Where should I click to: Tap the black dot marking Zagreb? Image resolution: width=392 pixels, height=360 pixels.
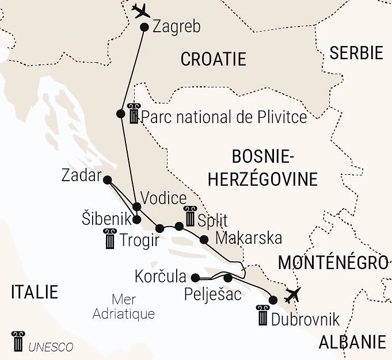coord(144,27)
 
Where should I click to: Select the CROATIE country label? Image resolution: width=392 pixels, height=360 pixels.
coord(213,59)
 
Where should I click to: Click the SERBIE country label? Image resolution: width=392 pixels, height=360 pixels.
coord(356,53)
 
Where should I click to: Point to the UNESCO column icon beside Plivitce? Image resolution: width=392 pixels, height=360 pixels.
coord(134,114)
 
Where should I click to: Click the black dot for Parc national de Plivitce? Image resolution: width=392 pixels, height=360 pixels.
coord(120,114)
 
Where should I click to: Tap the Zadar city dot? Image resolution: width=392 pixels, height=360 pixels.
coord(107,180)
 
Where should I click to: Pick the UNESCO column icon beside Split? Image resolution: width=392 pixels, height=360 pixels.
coord(189,216)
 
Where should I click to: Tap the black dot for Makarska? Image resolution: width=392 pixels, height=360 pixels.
coord(204,239)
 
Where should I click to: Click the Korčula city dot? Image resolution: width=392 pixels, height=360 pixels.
coord(195,277)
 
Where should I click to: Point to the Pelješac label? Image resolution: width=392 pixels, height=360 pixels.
coord(212,295)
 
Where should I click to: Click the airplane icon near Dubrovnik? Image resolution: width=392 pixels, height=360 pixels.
coord(293,294)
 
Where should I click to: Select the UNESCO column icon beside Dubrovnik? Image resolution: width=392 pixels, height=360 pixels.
coord(262,316)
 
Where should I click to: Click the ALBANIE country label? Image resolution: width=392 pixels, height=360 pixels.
coord(352,342)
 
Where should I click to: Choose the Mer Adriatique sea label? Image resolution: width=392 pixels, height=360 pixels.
coord(124,307)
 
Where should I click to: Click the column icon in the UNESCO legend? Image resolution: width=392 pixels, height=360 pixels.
coord(17,342)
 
